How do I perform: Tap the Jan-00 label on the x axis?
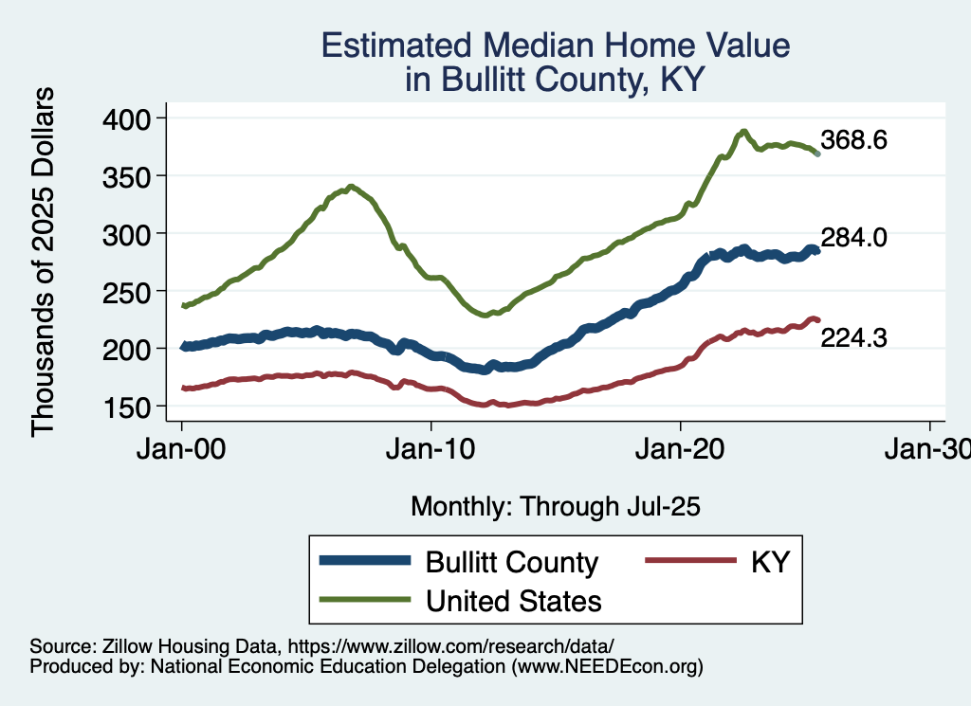coord(181,449)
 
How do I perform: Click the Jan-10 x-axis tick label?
coord(431,449)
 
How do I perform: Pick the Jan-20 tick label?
coord(681,449)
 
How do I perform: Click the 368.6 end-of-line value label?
coord(853,141)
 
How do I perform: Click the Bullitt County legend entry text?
coord(512,562)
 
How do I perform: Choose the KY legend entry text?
coord(770,562)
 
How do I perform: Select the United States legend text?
coord(513,600)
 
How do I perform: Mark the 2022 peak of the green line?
coord(744,131)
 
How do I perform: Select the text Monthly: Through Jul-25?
coord(555,507)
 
